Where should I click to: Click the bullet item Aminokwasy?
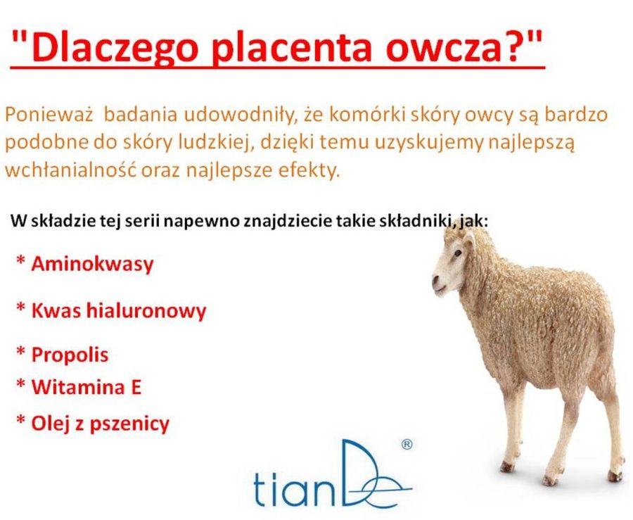point(92,264)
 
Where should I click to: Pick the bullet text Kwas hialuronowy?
point(119,310)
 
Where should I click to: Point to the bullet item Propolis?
point(70,355)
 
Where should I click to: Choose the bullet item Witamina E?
point(87,386)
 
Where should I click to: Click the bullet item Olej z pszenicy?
point(100,424)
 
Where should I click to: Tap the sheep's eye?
point(457,253)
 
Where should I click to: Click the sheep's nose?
point(435,279)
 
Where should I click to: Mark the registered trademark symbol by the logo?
point(407,445)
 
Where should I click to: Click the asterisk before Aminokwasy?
point(20,260)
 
